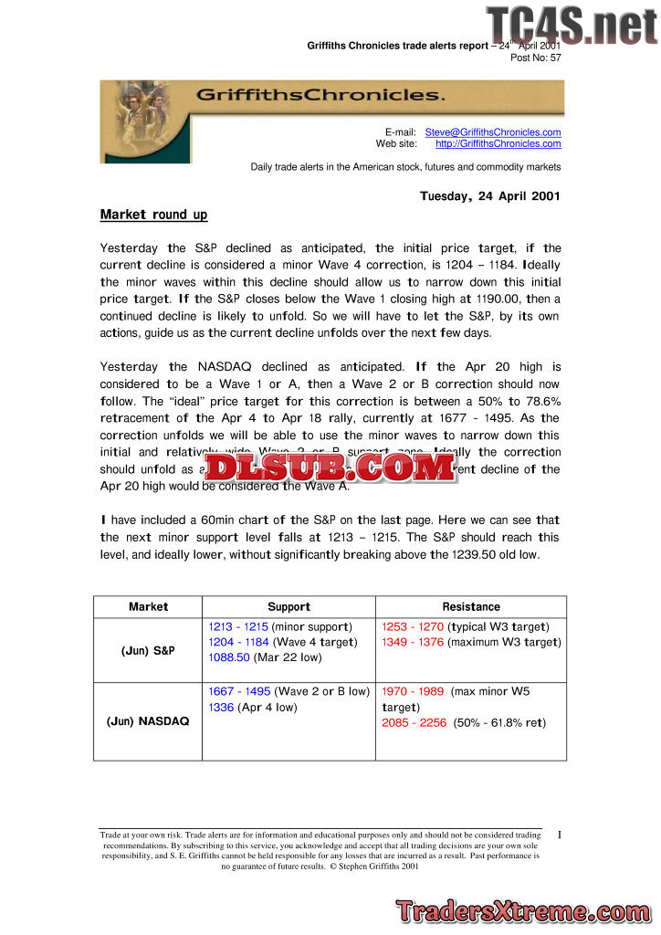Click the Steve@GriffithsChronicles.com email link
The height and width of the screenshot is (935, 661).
[493, 132]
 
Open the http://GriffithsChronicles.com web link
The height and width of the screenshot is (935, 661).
[498, 143]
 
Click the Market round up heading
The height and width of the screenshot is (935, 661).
[153, 215]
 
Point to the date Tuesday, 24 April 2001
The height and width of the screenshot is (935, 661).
[489, 196]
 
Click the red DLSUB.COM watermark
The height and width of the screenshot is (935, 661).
[330, 468]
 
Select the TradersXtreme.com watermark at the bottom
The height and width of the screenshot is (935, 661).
[524, 910]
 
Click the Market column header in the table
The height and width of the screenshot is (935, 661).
[148, 607]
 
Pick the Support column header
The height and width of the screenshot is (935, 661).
[289, 607]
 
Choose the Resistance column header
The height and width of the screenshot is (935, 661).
[471, 607]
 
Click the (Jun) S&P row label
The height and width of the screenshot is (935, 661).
[148, 651]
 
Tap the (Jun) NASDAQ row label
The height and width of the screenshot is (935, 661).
[148, 721]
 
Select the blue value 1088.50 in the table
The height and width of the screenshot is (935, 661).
[229, 657]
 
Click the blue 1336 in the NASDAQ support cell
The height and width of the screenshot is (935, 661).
[221, 708]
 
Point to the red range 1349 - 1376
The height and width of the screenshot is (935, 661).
[413, 643]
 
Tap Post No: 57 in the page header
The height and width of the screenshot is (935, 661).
[535, 58]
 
